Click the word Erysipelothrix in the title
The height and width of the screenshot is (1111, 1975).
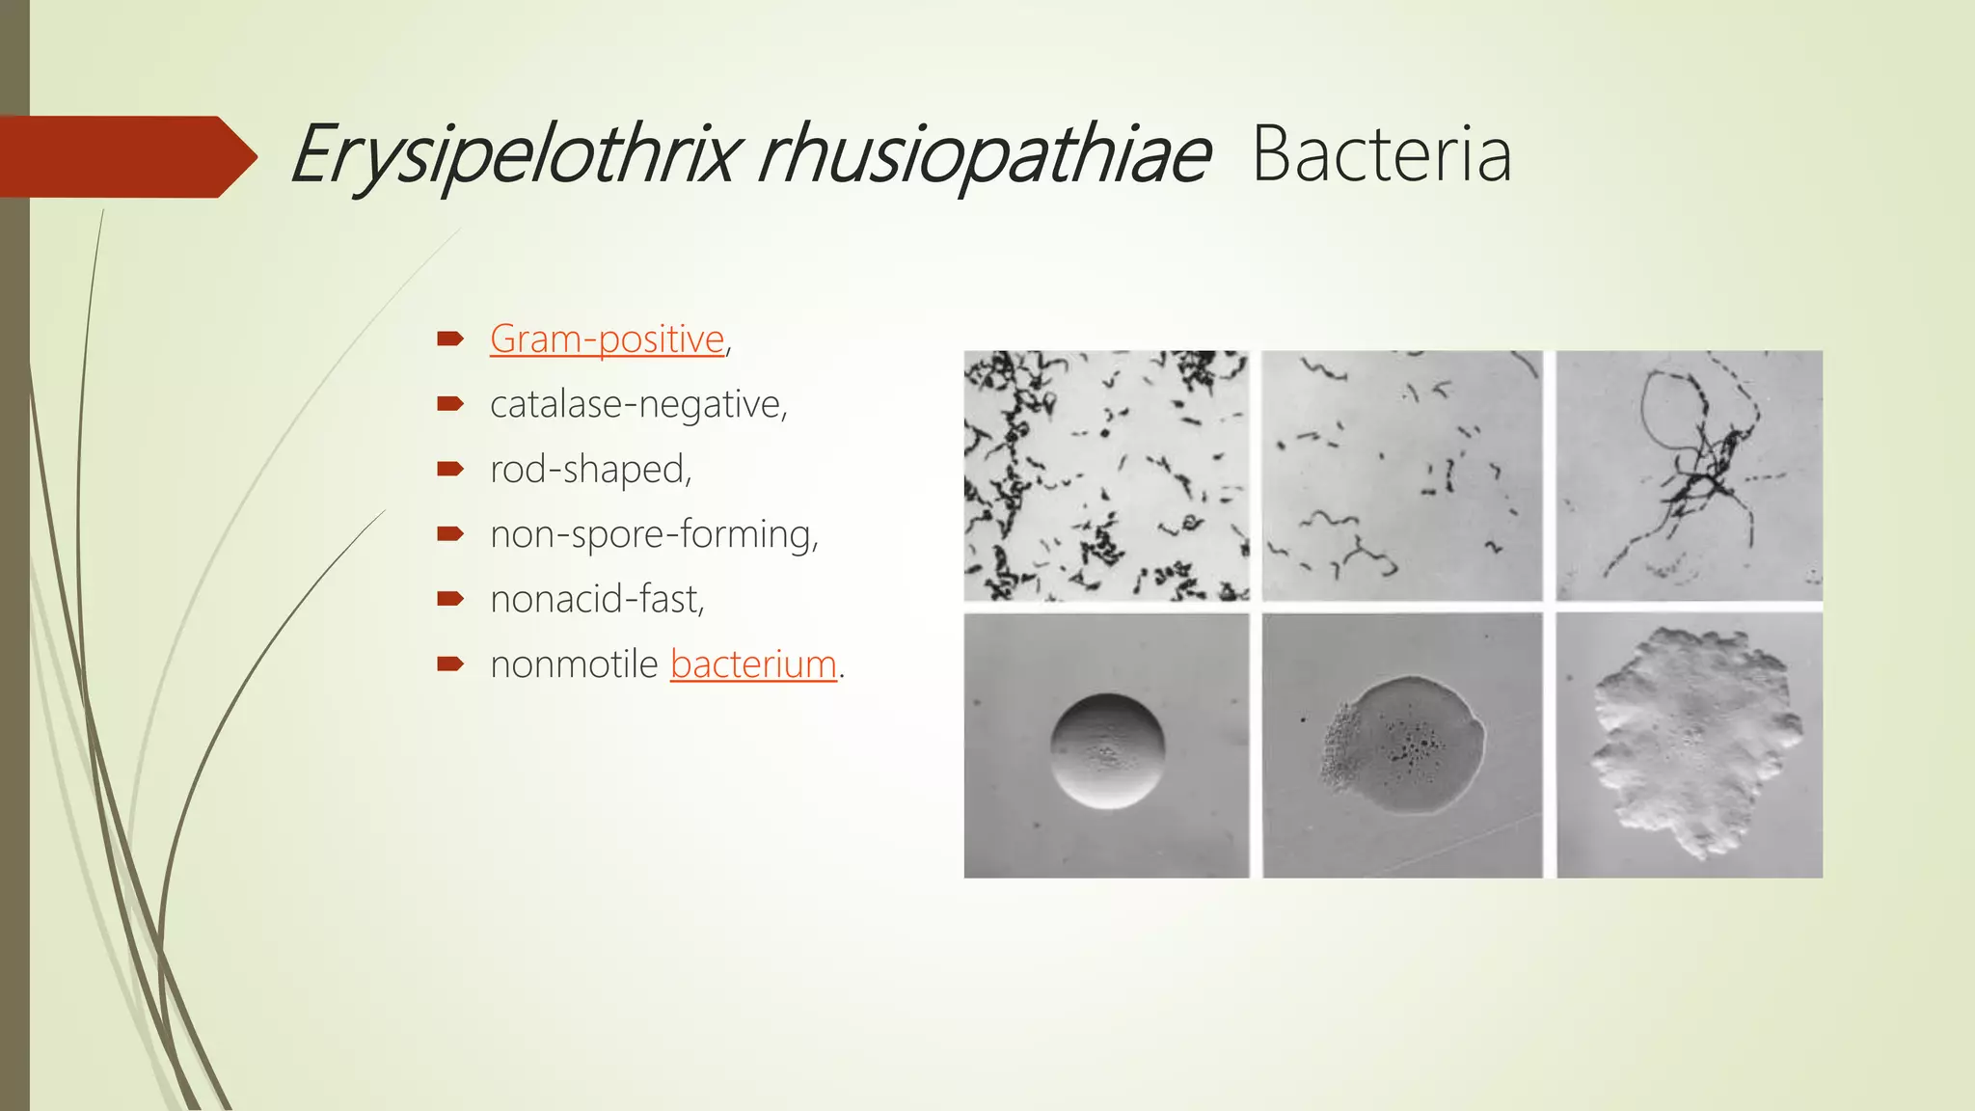516,154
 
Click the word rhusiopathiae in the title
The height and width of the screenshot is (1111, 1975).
984,154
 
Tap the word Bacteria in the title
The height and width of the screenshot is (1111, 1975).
1381,154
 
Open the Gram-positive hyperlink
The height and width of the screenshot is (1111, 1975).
607,339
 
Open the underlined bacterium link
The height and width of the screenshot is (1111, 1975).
753,664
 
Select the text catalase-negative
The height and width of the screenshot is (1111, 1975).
636,404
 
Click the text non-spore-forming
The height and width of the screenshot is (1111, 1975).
652,534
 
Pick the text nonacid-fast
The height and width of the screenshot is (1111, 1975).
596,599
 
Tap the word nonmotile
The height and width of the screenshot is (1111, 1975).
574,664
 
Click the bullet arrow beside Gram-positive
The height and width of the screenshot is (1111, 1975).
450,339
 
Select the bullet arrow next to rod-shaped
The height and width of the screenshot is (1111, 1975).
450,469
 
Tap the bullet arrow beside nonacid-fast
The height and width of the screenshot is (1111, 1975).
450,599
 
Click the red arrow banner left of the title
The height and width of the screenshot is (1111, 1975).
125,156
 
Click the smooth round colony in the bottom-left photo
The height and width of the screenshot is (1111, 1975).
1107,750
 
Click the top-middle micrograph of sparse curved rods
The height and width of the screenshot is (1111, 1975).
1401,475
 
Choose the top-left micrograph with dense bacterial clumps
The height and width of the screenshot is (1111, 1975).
1106,475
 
